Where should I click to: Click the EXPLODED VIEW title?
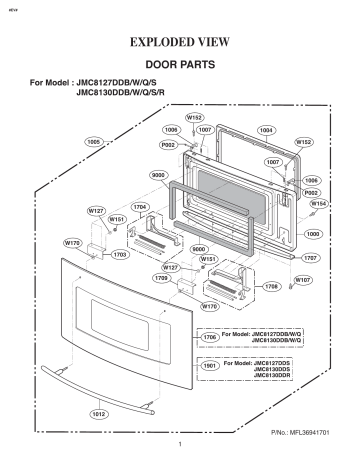coord(181,43)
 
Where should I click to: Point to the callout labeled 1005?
coord(94,141)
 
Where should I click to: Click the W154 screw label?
coord(318,203)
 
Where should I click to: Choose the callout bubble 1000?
coord(313,233)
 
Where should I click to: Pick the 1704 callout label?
coord(140,206)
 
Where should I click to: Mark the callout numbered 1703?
coord(119,255)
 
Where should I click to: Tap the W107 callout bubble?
coord(301,280)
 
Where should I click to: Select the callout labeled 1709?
coord(160,278)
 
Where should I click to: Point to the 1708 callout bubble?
coord(269,287)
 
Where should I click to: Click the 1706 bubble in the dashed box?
coord(210,337)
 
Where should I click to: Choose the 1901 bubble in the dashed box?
coord(210,366)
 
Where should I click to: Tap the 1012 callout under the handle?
coord(98,414)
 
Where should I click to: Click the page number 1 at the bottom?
coord(180,445)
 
